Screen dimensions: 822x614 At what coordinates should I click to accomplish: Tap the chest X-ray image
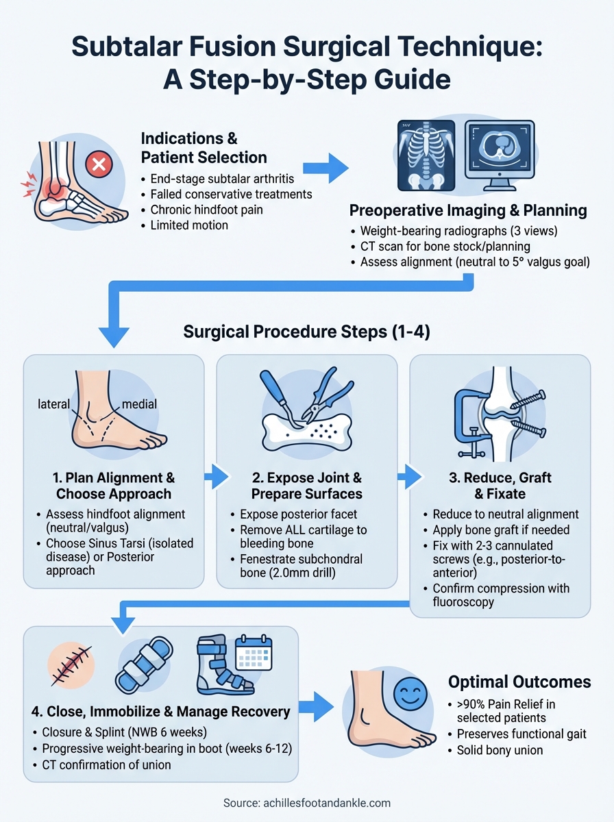[x=426, y=156]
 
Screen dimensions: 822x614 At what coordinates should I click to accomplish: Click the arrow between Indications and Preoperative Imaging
[x=325, y=169]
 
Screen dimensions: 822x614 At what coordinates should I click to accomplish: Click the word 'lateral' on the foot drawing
[x=54, y=404]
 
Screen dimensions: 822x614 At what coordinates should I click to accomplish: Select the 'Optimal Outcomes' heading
[x=519, y=682]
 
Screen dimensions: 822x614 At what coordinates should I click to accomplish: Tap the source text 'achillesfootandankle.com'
[x=306, y=803]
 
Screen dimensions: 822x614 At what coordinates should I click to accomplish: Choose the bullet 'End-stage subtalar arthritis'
[x=222, y=179]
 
